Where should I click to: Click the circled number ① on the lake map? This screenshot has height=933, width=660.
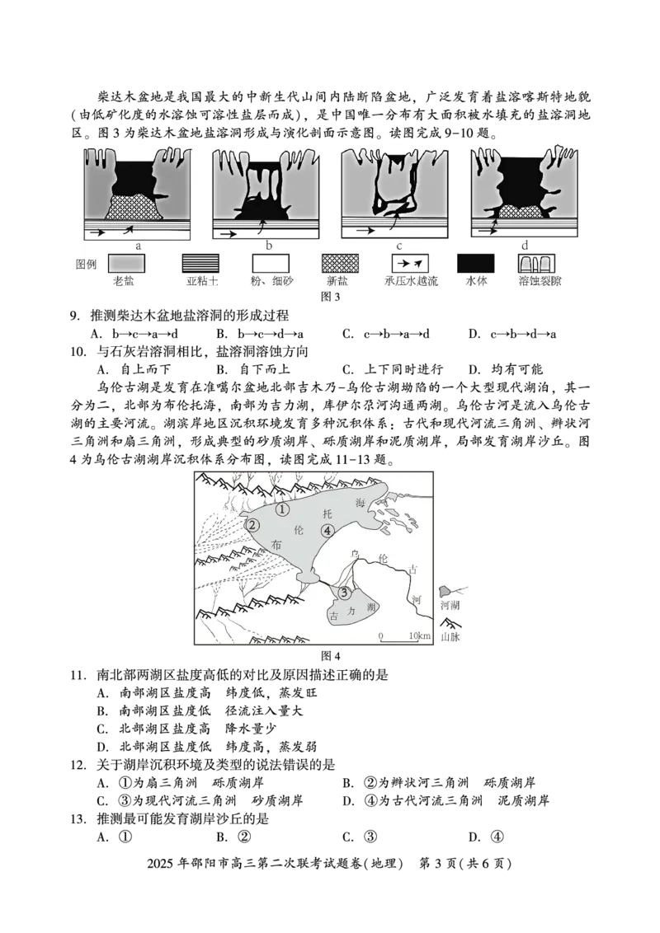(282, 509)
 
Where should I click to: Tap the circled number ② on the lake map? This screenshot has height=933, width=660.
(252, 525)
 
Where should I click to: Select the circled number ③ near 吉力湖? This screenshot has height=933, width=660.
(344, 592)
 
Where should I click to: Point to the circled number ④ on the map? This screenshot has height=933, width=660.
(327, 531)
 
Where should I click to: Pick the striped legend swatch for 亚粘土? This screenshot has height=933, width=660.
(200, 264)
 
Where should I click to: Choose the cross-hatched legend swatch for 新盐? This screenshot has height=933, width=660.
(340, 264)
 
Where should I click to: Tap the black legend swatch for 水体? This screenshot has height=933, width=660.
(475, 264)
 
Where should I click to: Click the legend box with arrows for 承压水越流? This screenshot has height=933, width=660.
(410, 264)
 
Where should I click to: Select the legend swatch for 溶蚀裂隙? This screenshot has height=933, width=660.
(537, 264)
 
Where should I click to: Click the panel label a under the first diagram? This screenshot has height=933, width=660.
(139, 246)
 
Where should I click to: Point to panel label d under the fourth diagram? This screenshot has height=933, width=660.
(525, 245)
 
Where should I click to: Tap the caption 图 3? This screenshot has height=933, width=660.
(331, 297)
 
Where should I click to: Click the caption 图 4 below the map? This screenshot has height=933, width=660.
(331, 656)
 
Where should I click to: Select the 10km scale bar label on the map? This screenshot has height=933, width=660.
(419, 635)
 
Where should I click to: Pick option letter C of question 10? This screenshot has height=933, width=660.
(348, 369)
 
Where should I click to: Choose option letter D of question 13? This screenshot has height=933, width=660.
(474, 837)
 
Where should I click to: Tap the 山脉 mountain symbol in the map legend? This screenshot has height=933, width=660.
(450, 624)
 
